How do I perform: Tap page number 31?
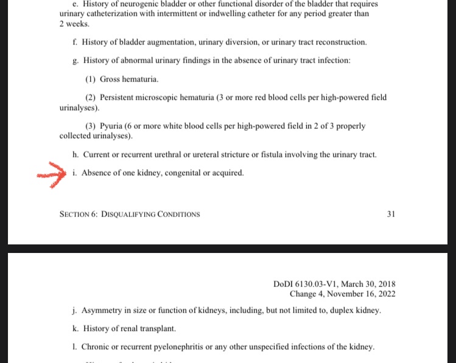click(391, 214)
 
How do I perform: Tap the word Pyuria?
click(111, 126)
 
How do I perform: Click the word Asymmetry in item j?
click(100, 310)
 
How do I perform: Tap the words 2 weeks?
click(74, 24)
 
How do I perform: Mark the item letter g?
click(74, 60)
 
